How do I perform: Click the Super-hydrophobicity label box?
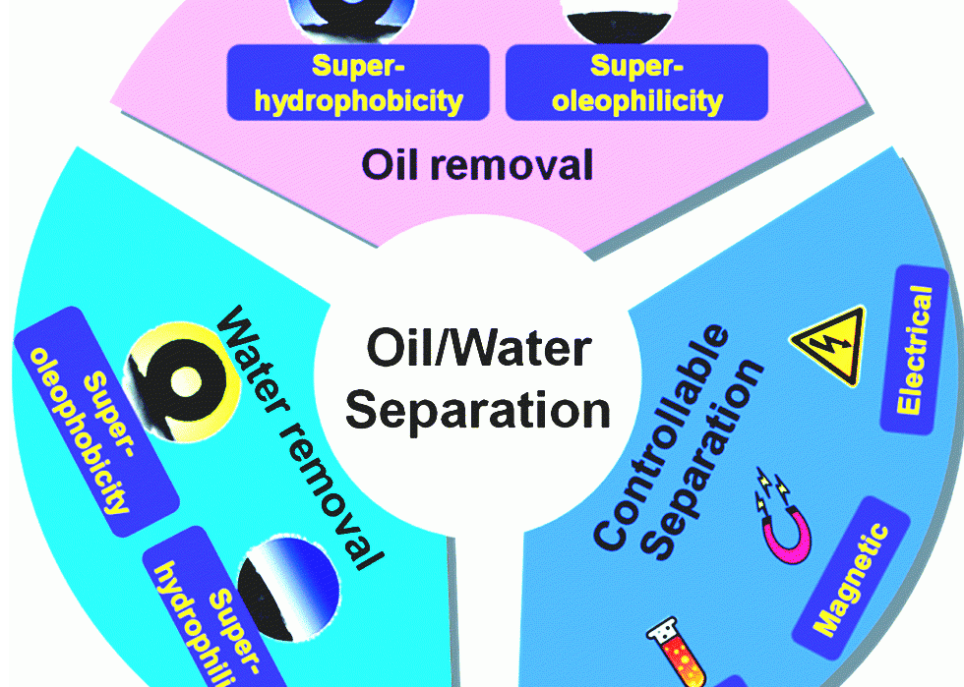pos(358,83)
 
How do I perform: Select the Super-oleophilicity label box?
pos(636,83)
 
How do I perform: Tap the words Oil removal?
pos(478,164)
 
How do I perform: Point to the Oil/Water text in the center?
pos(478,350)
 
